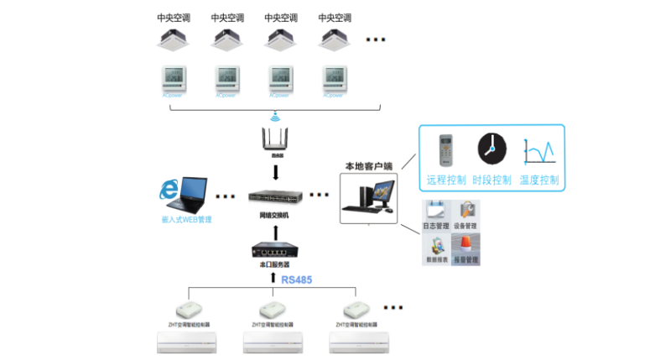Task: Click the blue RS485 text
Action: click(x=296, y=279)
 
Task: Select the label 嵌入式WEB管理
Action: click(x=187, y=220)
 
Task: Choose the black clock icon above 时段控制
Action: click(x=492, y=149)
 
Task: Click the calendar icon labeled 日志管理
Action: click(x=436, y=211)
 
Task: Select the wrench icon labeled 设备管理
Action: click(x=466, y=211)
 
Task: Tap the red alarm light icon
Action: click(x=466, y=243)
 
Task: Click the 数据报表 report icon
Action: click(x=436, y=244)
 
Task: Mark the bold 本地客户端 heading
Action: click(x=369, y=165)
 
